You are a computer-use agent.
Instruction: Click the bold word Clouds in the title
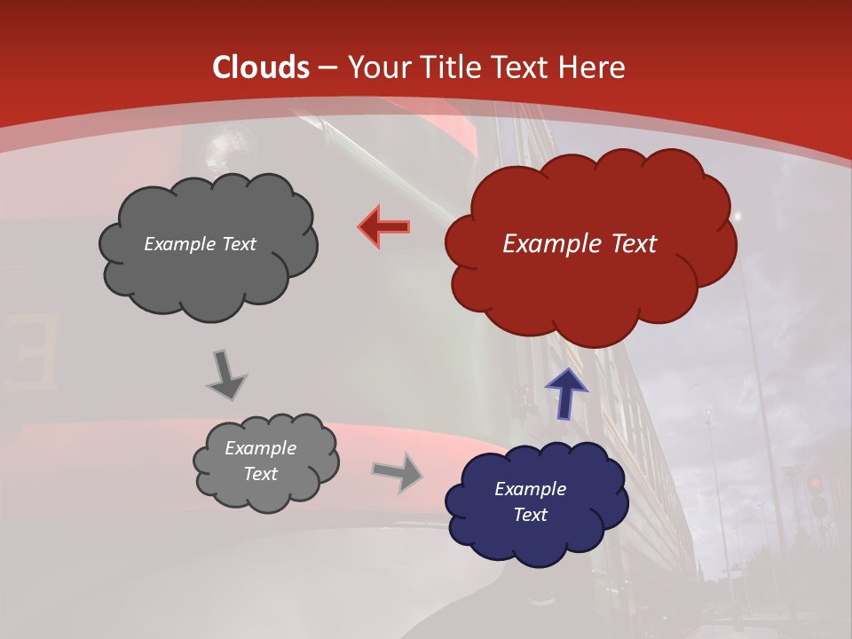pyautogui.click(x=261, y=67)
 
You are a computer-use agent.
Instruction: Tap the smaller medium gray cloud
pyautogui.click(x=264, y=461)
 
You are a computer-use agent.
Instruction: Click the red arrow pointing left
pyautogui.click(x=385, y=226)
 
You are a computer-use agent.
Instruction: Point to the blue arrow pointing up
pyautogui.click(x=565, y=392)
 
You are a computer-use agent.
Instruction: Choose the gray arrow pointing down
pyautogui.click(x=226, y=374)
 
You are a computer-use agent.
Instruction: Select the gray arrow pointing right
pyautogui.click(x=397, y=472)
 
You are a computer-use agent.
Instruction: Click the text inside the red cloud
pyautogui.click(x=580, y=244)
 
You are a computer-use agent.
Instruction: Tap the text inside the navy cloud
pyautogui.click(x=530, y=501)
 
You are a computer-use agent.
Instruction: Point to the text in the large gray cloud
pyautogui.click(x=200, y=244)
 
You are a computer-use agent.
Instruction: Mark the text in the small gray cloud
pyautogui.click(x=260, y=461)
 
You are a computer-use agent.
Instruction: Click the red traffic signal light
pyautogui.click(x=815, y=484)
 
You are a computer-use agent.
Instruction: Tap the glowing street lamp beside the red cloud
pyautogui.click(x=737, y=216)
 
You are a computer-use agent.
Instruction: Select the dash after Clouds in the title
pyautogui.click(x=327, y=67)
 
